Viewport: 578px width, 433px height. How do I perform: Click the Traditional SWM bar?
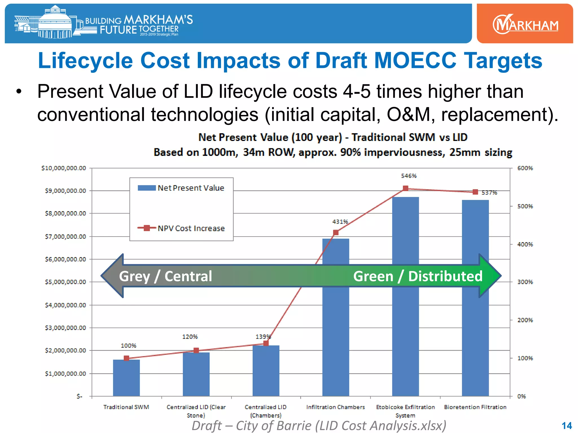click(x=126, y=378)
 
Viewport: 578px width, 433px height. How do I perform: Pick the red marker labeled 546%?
click(x=406, y=188)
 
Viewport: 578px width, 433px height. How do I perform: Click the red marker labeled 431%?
click(x=336, y=233)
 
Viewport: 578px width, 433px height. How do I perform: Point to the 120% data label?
click(x=190, y=337)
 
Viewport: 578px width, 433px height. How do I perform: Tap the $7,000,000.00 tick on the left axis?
click(x=65, y=237)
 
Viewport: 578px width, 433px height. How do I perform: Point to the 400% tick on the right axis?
click(x=525, y=244)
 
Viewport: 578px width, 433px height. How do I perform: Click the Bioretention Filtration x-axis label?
click(x=475, y=407)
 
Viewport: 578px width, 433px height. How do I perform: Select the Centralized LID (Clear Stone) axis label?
click(x=196, y=411)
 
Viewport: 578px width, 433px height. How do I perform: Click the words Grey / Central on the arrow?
click(x=165, y=276)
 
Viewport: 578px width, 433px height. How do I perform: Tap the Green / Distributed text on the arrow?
click(x=418, y=276)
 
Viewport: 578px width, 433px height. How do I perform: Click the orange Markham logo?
click(x=525, y=24)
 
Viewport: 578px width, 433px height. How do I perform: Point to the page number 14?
click(x=567, y=426)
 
